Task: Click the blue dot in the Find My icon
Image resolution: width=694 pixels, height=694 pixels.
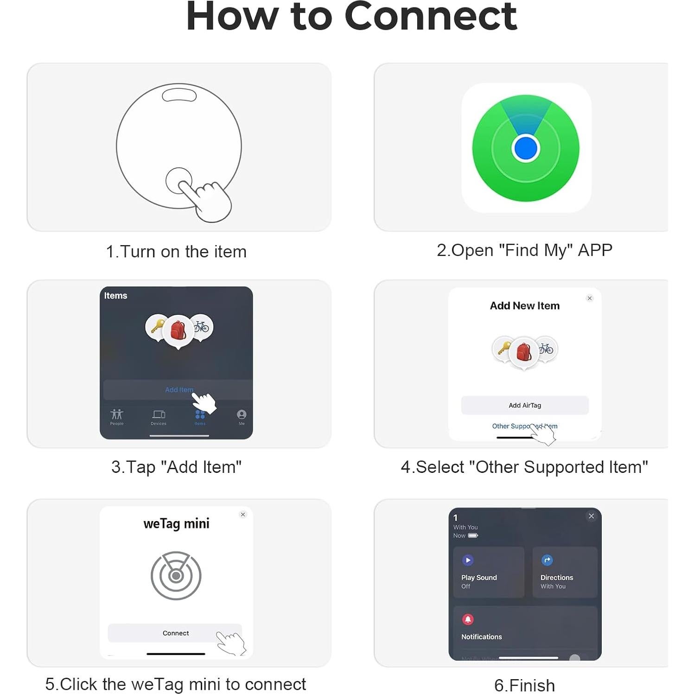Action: [525, 148]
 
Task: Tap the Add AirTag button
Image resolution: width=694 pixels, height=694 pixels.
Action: [524, 405]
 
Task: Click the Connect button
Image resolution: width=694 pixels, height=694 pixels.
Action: [175, 633]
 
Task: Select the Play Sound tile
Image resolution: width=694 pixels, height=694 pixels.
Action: [488, 572]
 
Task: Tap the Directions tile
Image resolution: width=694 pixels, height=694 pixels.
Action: [564, 572]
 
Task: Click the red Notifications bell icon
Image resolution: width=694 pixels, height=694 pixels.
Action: [468, 619]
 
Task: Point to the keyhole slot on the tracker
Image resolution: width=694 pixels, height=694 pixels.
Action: [179, 96]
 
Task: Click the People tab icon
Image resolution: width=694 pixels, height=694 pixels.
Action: [117, 414]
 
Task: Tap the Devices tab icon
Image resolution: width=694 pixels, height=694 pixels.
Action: [159, 414]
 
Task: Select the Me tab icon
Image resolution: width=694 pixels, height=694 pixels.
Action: [242, 414]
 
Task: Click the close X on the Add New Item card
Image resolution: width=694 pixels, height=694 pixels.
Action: [589, 298]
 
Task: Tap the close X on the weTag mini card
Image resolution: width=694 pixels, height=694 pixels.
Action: [243, 515]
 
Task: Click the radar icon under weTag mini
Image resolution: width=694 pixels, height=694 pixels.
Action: [176, 575]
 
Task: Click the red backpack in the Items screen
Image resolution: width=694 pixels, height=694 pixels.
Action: [178, 330]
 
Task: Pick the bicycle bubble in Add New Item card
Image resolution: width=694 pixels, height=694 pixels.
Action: [547, 349]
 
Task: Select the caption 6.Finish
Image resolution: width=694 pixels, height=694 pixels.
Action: [524, 685]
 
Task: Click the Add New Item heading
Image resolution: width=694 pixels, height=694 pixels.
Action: [524, 306]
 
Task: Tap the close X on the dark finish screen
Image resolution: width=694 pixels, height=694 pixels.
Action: [591, 516]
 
